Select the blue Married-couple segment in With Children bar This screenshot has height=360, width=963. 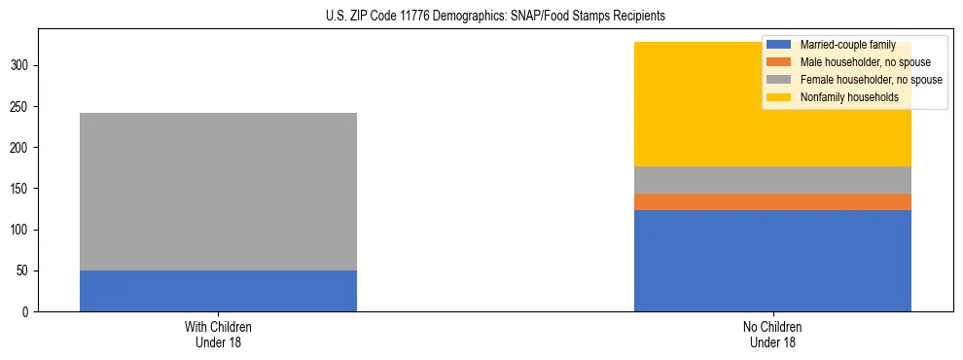point(218,291)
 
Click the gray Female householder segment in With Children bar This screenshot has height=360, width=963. point(218,192)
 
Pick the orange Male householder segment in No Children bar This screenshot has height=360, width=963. point(772,201)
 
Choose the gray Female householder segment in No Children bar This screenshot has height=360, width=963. point(772,180)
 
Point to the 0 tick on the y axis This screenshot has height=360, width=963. point(29,312)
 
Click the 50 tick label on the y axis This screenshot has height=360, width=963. point(26,270)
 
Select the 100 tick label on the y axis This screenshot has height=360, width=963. point(23,230)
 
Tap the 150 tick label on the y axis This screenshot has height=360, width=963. point(23,189)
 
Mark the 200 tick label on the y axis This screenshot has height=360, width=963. point(23,148)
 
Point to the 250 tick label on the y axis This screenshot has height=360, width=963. point(23,107)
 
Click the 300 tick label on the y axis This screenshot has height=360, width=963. point(23,66)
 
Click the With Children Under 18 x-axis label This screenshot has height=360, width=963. point(218,335)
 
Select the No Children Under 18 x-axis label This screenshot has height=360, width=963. point(772,335)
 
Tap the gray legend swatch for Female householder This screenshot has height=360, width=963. point(779,80)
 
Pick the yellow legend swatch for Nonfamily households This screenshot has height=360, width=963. point(779,97)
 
